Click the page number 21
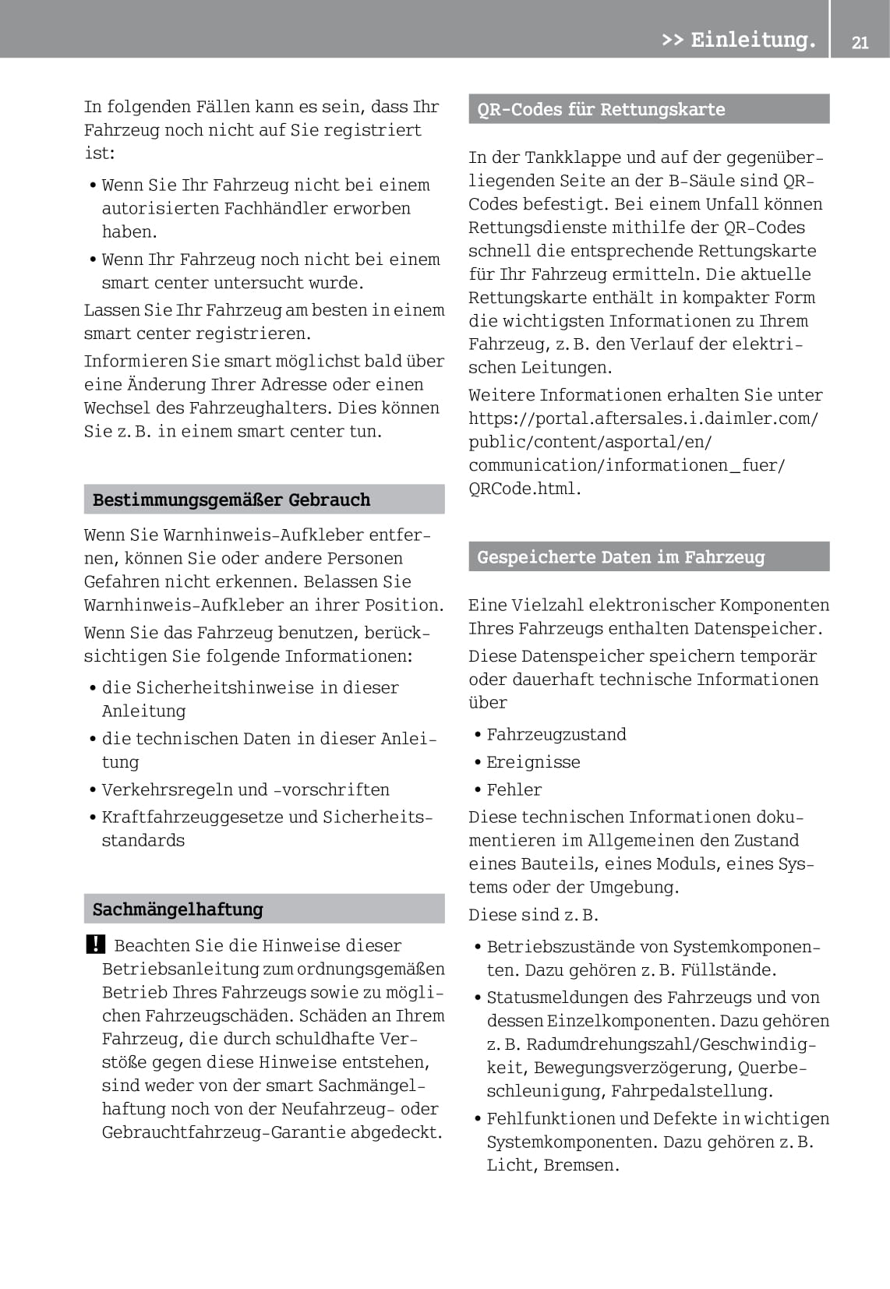[860, 43]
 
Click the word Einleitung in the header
[752, 39]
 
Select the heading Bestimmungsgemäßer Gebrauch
[231, 500]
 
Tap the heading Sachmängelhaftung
[178, 909]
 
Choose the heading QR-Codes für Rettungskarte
[601, 109]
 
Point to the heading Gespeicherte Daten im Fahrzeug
[620, 557]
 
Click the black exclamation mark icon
[94, 945]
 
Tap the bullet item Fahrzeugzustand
[556, 734]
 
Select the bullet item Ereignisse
[533, 762]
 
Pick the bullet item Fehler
[514, 789]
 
